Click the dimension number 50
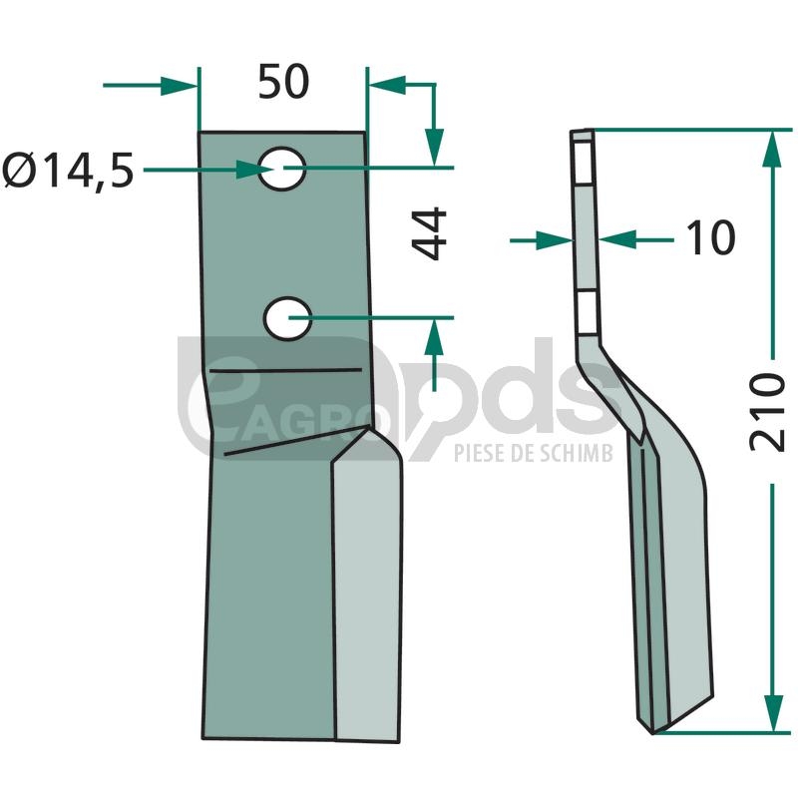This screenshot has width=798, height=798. (283, 82)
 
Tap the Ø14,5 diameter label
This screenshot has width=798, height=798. (68, 170)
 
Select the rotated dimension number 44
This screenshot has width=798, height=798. (429, 233)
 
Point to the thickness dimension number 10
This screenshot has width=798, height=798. (710, 237)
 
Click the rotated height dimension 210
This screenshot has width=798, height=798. (767, 412)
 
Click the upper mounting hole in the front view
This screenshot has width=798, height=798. (282, 169)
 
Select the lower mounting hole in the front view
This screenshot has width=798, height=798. (288, 318)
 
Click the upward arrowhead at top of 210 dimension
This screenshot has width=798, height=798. (772, 149)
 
